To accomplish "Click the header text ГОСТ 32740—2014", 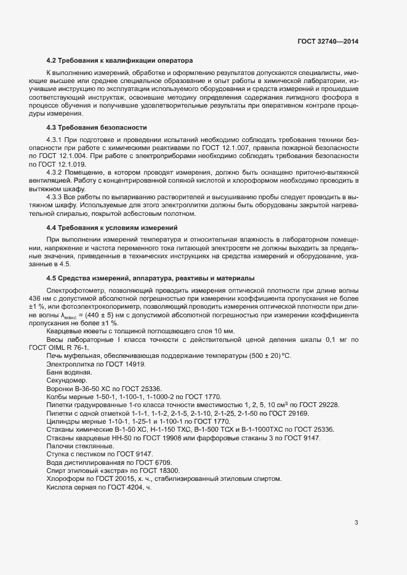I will click(328, 41).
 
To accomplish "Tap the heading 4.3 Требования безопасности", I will click(96, 127).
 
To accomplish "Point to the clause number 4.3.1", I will click(56, 140).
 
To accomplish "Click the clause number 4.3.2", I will click(56, 174).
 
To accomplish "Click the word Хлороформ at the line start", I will click(65, 478).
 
